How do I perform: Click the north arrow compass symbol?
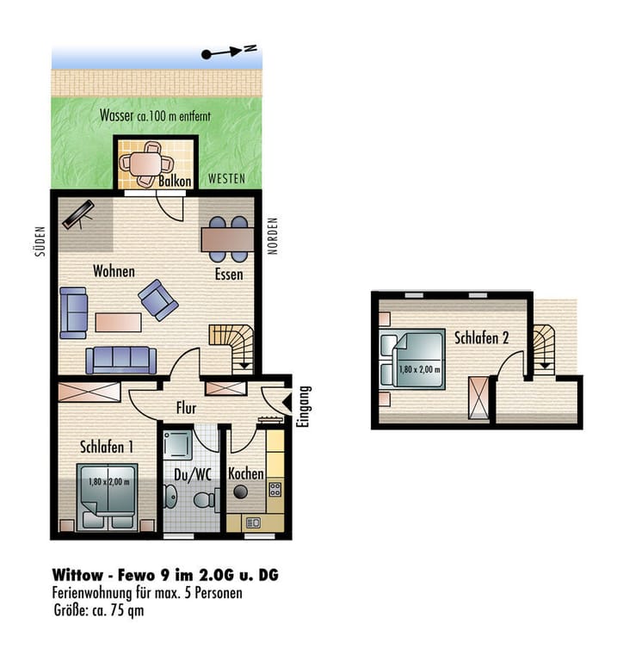[x=229, y=52]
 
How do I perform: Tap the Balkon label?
[x=175, y=182]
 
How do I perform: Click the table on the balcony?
[x=145, y=164]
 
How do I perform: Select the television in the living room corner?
[x=78, y=215]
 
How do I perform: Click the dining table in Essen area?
[x=227, y=239]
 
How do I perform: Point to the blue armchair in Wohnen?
[x=158, y=300]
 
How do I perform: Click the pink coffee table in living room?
[x=118, y=323]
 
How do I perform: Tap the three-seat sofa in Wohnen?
[x=121, y=361]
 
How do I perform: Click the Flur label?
[x=186, y=408]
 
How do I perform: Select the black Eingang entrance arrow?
[x=287, y=403]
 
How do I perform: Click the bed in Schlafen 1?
[x=108, y=497]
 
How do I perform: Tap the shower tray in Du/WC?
[x=178, y=444]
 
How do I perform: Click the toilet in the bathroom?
[x=207, y=500]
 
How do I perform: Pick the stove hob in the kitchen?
[x=275, y=490]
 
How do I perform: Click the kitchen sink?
[x=253, y=523]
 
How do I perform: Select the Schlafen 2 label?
[x=481, y=337]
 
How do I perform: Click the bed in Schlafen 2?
[x=412, y=358]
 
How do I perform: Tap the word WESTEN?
[x=226, y=179]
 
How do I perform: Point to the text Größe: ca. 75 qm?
[x=99, y=610]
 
